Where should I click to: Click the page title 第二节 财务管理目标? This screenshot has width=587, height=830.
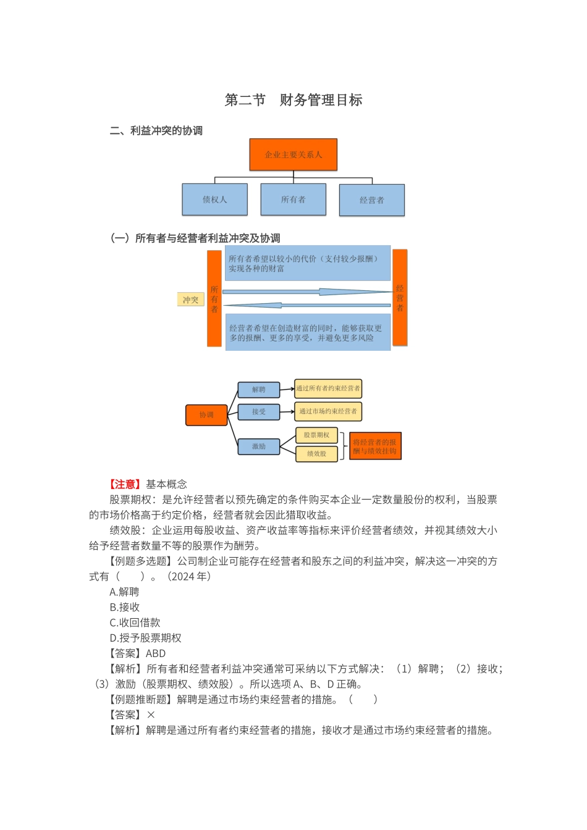point(293,100)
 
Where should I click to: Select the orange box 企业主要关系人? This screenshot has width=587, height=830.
point(293,154)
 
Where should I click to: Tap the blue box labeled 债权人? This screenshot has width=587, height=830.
point(214,199)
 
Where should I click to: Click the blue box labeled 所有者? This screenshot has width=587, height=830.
point(293,199)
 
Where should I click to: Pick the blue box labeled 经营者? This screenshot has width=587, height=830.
point(372,200)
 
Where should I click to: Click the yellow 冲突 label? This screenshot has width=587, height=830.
point(190,300)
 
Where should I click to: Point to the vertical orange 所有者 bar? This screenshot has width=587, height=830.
point(214,298)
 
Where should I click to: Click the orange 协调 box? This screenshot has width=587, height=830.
point(206,415)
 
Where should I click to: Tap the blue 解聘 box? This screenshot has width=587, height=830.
point(259,390)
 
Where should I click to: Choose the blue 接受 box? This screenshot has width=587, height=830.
point(259,412)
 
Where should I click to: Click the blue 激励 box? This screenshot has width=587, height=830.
point(259,446)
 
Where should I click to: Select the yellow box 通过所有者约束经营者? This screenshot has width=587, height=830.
point(328,388)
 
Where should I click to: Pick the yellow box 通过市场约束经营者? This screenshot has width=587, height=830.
point(328,411)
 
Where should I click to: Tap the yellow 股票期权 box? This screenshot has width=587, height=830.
point(316,435)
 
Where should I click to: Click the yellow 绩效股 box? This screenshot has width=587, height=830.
point(316,454)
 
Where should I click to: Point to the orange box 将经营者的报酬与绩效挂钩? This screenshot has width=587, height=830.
point(375,446)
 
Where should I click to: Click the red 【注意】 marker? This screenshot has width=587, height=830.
point(126,484)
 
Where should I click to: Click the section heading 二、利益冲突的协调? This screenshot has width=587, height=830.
point(156,131)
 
